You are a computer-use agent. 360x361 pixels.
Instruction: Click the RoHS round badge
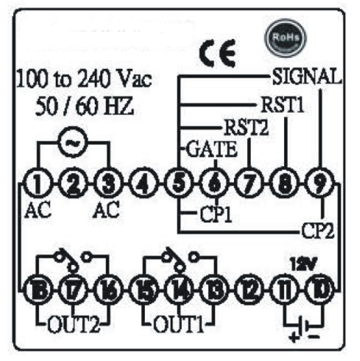pos(285,38)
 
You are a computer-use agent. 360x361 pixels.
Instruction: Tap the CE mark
pos(218,53)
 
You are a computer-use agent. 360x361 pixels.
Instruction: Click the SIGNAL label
pos(307,76)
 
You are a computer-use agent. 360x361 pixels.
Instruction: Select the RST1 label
pos(283,105)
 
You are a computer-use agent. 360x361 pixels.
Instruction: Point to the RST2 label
pos(246,127)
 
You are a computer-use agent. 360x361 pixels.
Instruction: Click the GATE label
pos(211,149)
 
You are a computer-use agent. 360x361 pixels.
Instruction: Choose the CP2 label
pos(318,231)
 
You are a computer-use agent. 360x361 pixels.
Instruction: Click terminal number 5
pos(179,183)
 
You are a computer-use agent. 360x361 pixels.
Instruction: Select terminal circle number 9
pos(319,183)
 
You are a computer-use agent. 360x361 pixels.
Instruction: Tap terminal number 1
pos(38,183)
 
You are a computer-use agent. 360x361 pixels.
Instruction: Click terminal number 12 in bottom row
pos(249,289)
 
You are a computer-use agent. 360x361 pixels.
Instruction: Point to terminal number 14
pos(179,289)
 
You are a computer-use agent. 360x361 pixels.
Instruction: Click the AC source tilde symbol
pos(73,142)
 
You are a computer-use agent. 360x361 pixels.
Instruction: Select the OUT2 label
pos(74,324)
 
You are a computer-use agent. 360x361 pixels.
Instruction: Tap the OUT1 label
pos(179,324)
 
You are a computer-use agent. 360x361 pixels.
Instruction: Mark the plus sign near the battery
pos(294,337)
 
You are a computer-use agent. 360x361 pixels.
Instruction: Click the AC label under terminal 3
pos(106,209)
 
